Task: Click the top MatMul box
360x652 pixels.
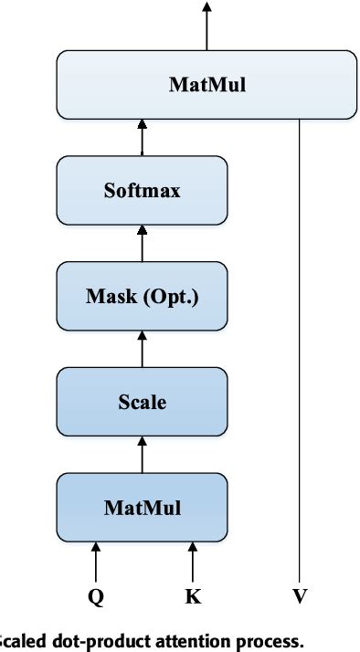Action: coord(206,86)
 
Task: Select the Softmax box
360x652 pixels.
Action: coord(141,192)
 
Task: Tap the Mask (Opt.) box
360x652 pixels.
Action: coord(141,297)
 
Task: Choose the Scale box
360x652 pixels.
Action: coord(141,402)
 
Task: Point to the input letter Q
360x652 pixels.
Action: coord(94,597)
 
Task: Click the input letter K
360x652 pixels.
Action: coord(193,597)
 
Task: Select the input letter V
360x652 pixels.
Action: coord(300,597)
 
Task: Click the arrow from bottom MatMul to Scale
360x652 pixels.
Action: coord(141,454)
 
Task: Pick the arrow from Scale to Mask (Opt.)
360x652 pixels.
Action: coord(141,349)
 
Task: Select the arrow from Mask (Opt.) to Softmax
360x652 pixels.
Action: coord(141,244)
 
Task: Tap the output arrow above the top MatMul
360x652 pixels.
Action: coord(206,26)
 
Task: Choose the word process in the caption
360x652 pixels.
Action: coord(270,642)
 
